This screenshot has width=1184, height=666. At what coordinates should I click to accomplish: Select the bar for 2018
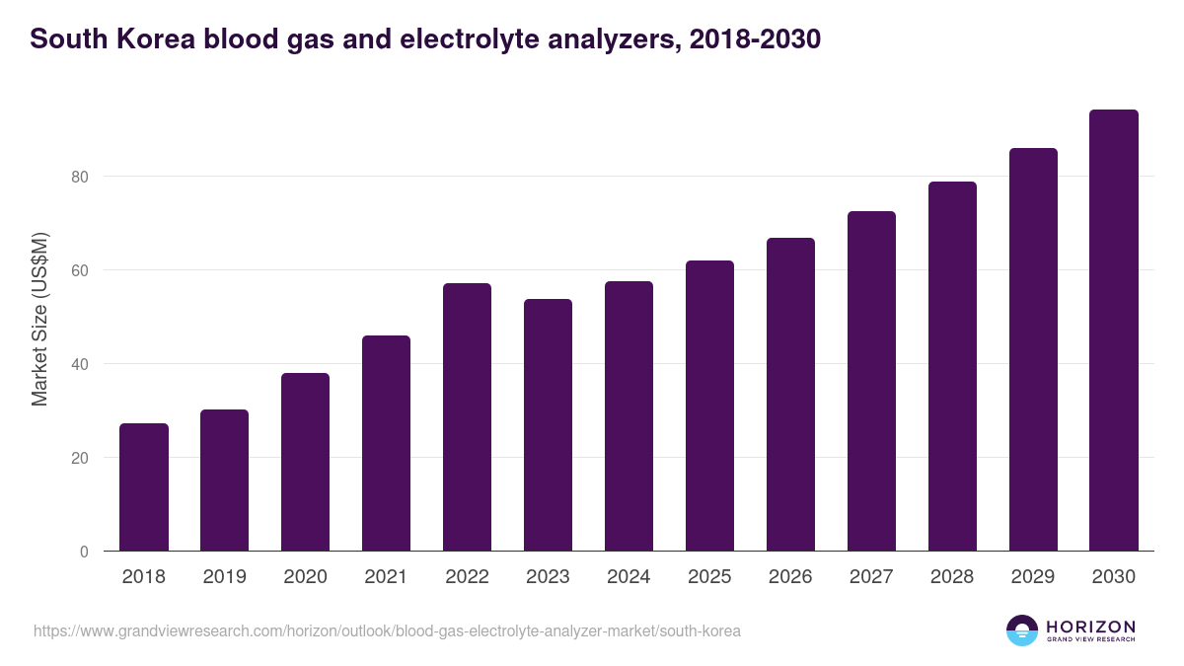pyautogui.click(x=144, y=487)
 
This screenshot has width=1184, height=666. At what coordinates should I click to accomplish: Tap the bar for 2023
pyautogui.click(x=548, y=425)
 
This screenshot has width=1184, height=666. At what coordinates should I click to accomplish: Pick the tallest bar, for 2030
pyautogui.click(x=1114, y=331)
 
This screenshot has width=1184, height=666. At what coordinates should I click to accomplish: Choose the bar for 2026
pyautogui.click(x=790, y=395)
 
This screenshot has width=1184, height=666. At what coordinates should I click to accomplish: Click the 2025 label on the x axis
pyautogui.click(x=709, y=577)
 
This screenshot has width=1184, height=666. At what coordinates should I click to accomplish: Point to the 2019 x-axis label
pyautogui.click(x=224, y=577)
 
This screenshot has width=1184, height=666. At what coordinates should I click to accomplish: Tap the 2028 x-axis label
pyautogui.click(x=952, y=577)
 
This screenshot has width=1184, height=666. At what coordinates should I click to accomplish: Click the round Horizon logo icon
pyautogui.click(x=1022, y=630)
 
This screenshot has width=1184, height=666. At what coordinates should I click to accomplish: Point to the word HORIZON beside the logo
pyautogui.click(x=1090, y=627)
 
